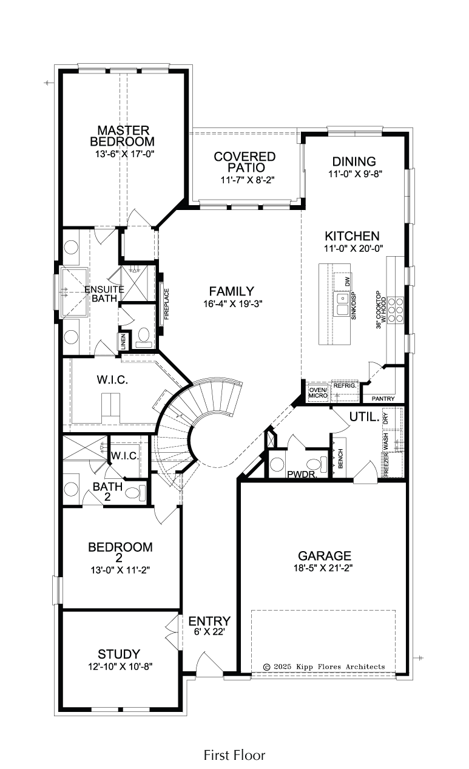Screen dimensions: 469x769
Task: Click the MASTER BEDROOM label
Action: [123, 136]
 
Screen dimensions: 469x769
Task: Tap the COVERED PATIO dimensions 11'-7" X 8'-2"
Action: [248, 180]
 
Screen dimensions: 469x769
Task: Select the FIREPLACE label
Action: [167, 304]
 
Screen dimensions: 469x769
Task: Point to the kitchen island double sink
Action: [343, 304]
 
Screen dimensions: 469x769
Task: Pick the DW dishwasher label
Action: [348, 282]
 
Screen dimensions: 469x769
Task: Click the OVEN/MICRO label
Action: [319, 393]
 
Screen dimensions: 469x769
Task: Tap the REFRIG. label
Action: [345, 386]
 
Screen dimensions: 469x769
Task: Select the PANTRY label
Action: [383, 399]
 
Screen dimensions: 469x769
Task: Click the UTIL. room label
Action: [365, 417]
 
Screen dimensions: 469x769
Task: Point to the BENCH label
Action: [341, 458]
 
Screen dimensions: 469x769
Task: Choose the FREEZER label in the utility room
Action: [386, 464]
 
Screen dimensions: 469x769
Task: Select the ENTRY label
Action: [209, 621]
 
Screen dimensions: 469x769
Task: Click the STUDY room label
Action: [119, 654]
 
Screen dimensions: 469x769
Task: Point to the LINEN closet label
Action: [124, 342]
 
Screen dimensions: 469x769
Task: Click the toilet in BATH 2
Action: [135, 493]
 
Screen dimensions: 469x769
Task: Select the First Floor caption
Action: [234, 755]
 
